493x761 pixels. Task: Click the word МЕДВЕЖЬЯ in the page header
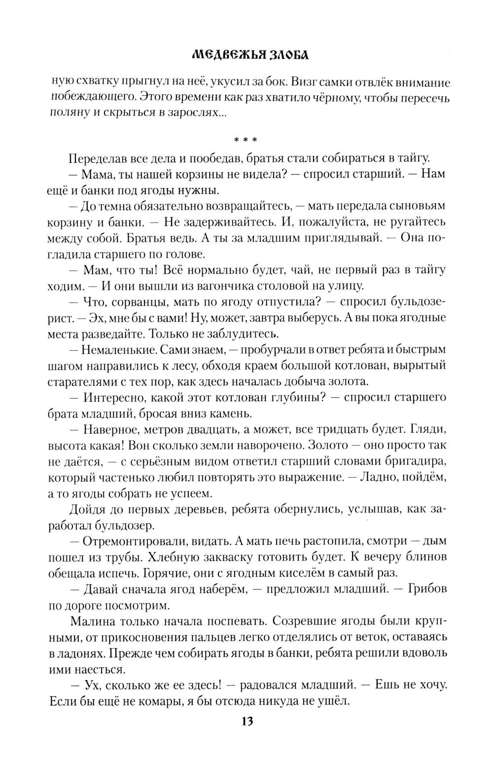coord(220,56)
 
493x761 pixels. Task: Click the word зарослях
coord(193,113)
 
